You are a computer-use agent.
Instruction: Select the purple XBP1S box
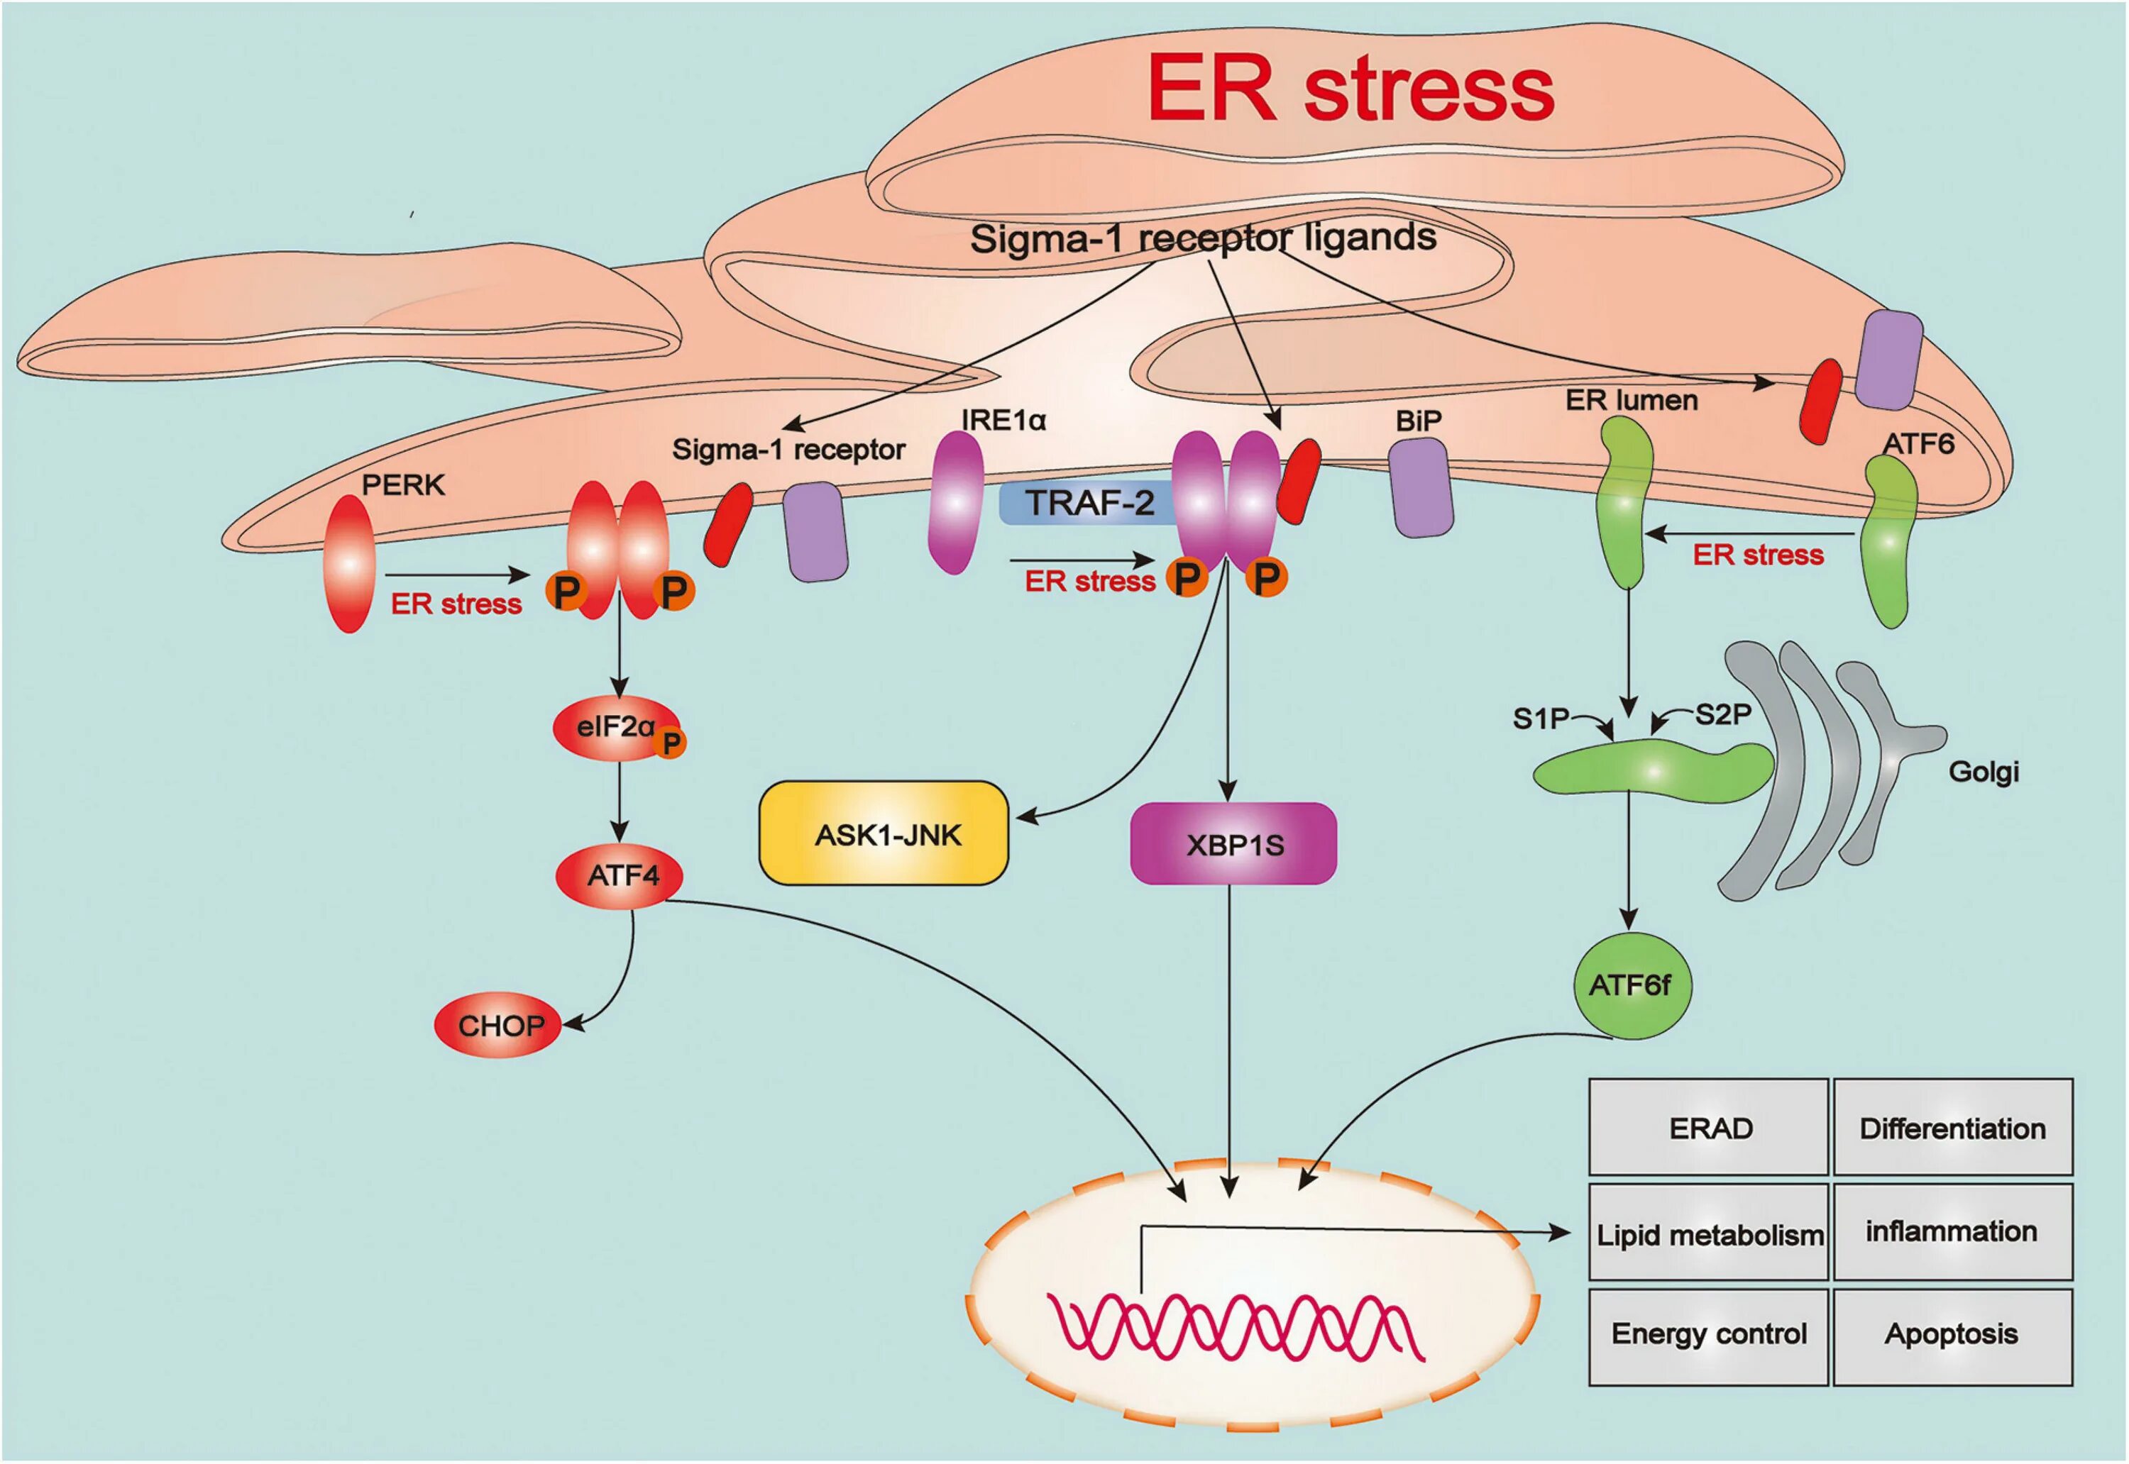[1233, 844]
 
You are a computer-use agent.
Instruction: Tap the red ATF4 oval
[621, 876]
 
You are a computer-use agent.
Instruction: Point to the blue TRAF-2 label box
[1089, 503]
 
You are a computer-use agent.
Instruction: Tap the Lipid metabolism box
[1709, 1233]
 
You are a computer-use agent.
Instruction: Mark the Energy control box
[1709, 1335]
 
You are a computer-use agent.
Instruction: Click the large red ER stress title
[1350, 89]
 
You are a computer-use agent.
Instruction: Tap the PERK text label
[403, 484]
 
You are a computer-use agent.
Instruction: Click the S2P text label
[1722, 714]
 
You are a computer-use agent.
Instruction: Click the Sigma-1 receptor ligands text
[1203, 238]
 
